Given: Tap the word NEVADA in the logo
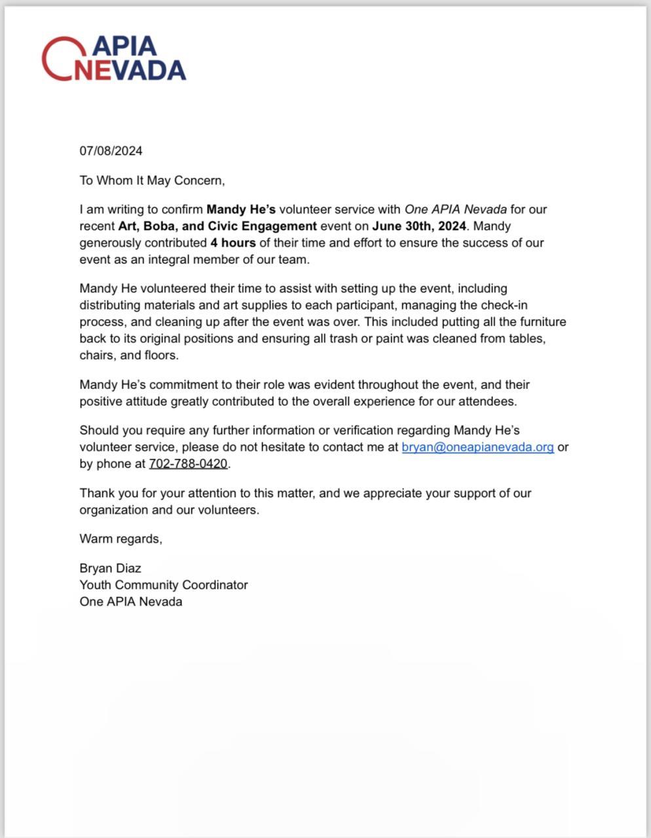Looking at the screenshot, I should click(x=130, y=70).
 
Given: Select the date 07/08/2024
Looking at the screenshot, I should click(x=111, y=151).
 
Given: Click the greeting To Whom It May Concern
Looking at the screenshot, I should click(x=152, y=180).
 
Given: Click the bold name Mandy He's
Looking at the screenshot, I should click(x=241, y=209).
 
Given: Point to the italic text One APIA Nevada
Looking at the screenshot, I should click(x=455, y=209).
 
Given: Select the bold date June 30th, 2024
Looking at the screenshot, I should click(x=419, y=226).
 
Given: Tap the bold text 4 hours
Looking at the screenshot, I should click(x=233, y=243).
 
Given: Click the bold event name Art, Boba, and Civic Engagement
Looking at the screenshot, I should click(x=217, y=226).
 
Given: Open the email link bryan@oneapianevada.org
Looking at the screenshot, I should click(x=477, y=447).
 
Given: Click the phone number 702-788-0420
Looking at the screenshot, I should click(x=188, y=464).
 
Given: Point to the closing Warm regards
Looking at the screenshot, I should click(x=121, y=539).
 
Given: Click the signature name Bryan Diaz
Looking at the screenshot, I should click(x=110, y=568).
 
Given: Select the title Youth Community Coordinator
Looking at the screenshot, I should click(x=164, y=585).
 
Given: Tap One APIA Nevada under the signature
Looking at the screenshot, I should click(x=131, y=602).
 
